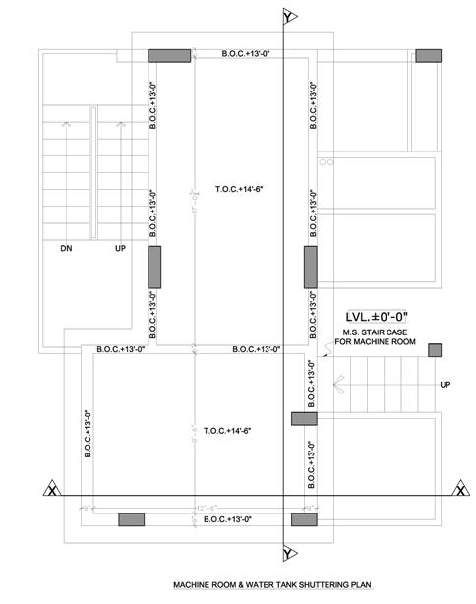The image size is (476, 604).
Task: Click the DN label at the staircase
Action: click(66, 249)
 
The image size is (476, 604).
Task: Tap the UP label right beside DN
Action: click(120, 249)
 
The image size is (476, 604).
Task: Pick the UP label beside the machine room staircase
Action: click(446, 384)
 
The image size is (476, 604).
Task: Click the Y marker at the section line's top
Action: click(286, 18)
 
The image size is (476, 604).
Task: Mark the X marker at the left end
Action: click(49, 489)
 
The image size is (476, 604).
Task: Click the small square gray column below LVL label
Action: click(435, 350)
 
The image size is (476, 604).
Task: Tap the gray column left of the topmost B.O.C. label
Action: click(170, 55)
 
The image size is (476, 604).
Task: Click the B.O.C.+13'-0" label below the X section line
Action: click(232, 519)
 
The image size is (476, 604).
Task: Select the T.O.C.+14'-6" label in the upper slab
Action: click(241, 187)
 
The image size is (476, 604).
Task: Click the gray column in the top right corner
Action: click(428, 55)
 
